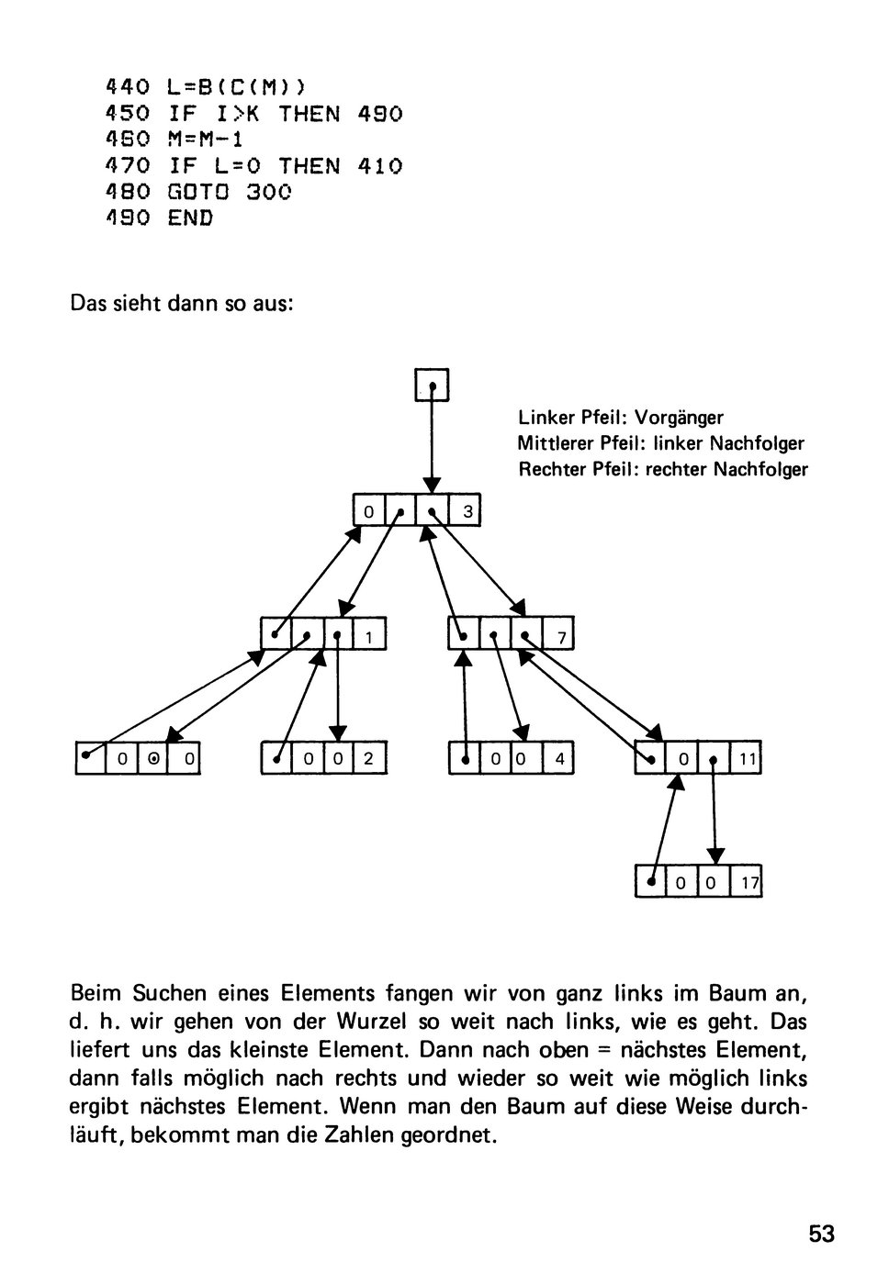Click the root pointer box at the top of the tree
[x=432, y=385]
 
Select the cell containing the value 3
[x=465, y=510]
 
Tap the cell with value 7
[x=557, y=634]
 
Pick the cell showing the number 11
[x=746, y=758]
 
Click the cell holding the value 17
[x=746, y=882]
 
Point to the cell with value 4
[x=557, y=758]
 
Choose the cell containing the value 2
[x=370, y=758]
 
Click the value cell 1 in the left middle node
[x=369, y=634]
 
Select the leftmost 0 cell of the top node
[x=369, y=510]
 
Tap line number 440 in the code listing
[x=128, y=87]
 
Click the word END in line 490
[x=190, y=218]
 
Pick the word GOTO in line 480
[x=198, y=192]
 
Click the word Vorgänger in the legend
[x=679, y=418]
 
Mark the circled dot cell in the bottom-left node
[x=152, y=758]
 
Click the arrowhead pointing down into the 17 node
[x=715, y=855]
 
